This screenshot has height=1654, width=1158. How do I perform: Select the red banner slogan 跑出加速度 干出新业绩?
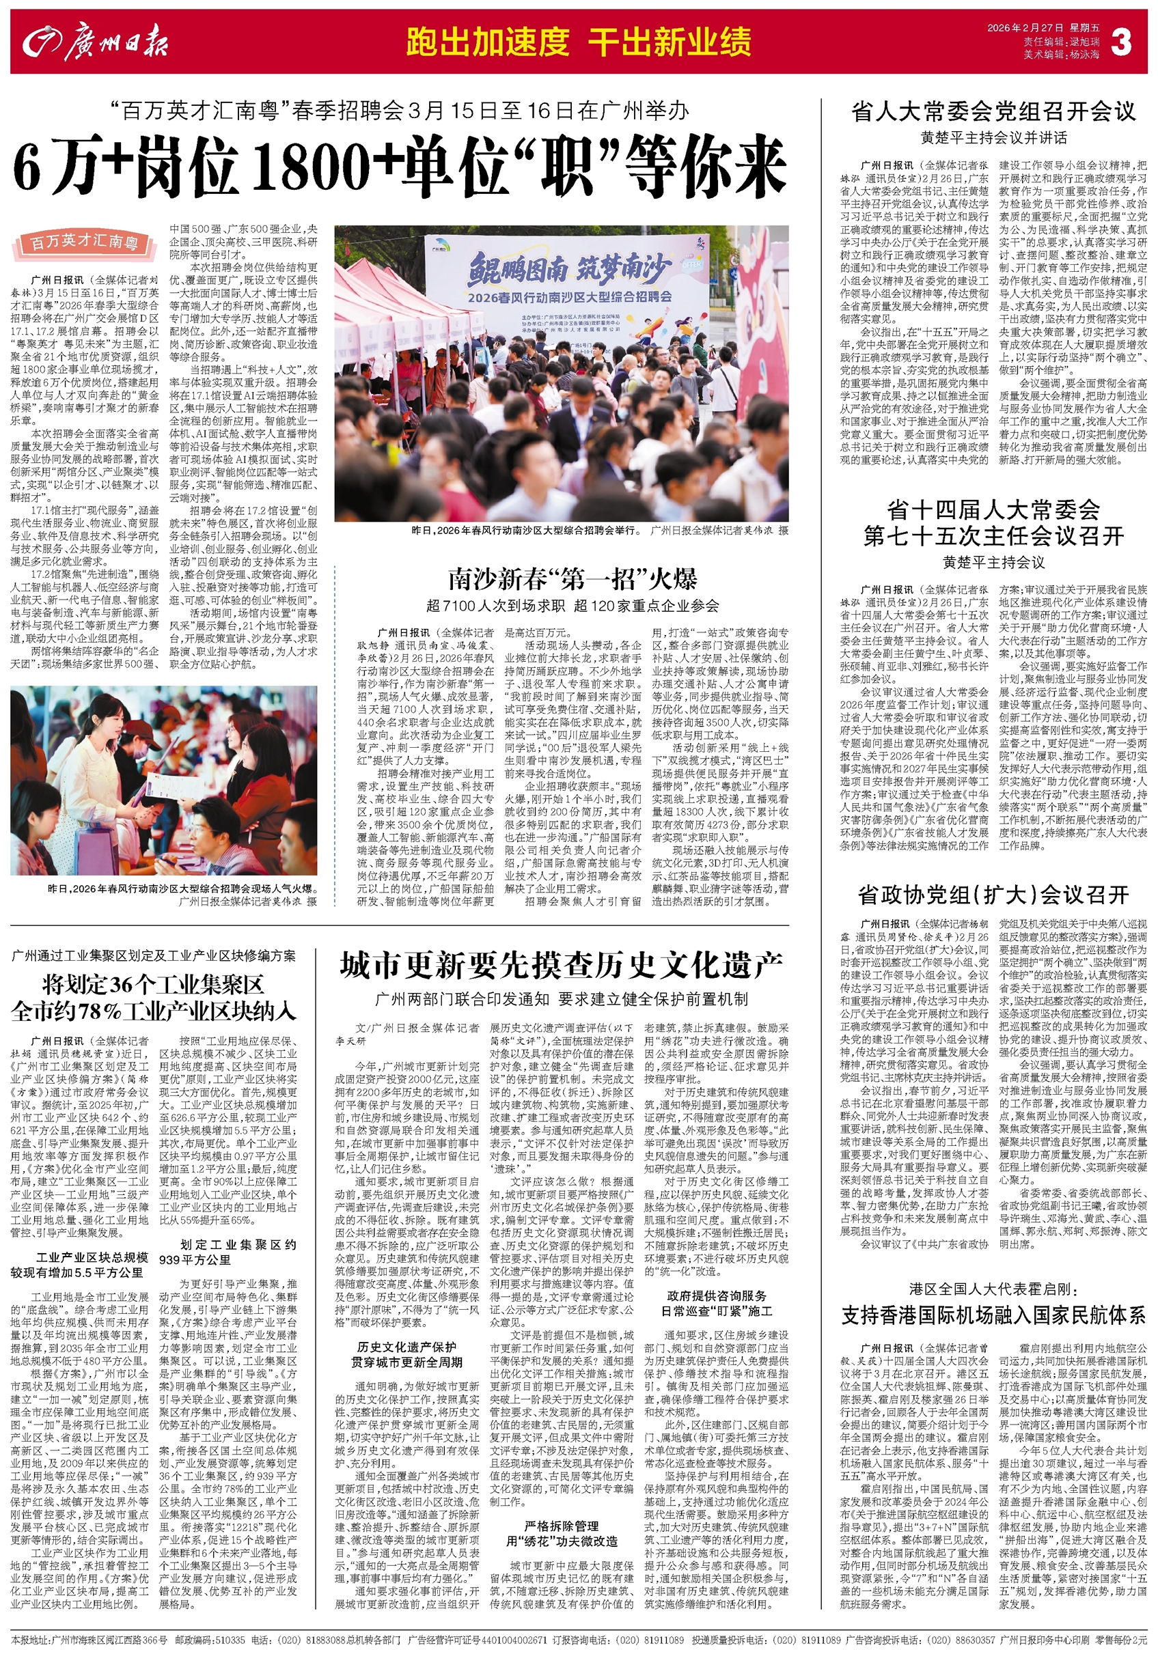[578, 42]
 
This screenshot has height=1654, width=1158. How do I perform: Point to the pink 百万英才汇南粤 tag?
[84, 244]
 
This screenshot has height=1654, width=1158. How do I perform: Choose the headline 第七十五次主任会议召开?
[993, 535]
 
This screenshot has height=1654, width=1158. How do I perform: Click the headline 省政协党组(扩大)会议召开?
[993, 895]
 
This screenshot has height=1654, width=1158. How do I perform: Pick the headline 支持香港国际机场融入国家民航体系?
[993, 1315]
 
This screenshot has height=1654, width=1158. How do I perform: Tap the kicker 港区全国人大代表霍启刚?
[993, 1288]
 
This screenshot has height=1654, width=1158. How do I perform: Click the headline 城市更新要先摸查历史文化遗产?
[561, 966]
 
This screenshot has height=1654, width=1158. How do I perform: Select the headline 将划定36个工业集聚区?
[153, 985]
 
